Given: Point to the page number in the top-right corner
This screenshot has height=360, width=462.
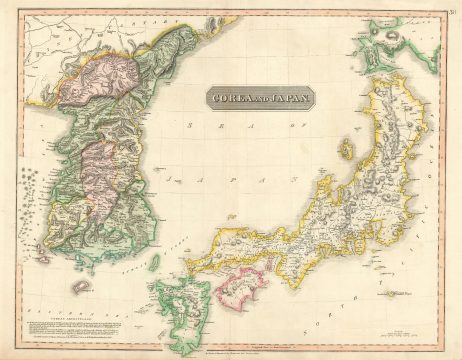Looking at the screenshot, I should point(451,11).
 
